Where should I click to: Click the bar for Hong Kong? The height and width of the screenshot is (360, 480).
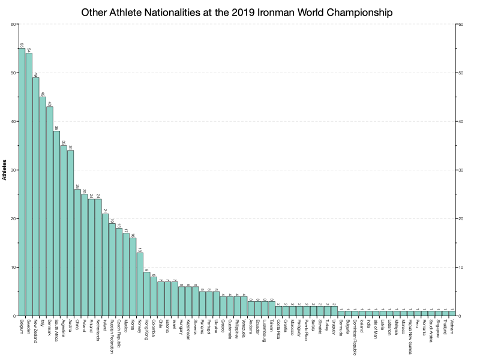[146, 293]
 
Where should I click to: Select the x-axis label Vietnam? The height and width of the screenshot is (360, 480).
[452, 327]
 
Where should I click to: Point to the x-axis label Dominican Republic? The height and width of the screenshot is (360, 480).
[355, 337]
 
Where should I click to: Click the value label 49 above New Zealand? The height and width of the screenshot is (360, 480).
[36, 74]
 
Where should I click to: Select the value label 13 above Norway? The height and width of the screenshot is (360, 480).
[140, 250]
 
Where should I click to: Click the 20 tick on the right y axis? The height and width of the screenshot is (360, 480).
[460, 219]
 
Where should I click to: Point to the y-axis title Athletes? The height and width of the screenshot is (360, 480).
[5, 170]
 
